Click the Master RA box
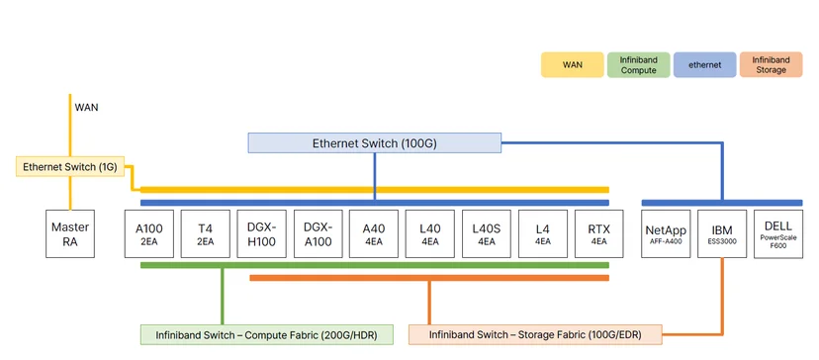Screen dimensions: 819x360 pyautogui.click(x=70, y=233)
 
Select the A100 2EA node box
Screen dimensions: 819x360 pyautogui.click(x=148, y=233)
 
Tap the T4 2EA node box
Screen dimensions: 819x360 pyautogui.click(x=206, y=233)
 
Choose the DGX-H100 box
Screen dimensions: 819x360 pyautogui.click(x=262, y=233)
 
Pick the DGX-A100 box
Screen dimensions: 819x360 pyautogui.click(x=318, y=233)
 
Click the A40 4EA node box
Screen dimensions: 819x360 pyautogui.click(x=374, y=233)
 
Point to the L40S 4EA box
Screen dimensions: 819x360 pyautogui.click(x=487, y=233)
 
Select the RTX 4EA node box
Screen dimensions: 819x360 pyautogui.click(x=599, y=233)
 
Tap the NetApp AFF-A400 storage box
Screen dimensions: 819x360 pyautogui.click(x=666, y=233)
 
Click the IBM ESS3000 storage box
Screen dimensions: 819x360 pyautogui.click(x=722, y=233)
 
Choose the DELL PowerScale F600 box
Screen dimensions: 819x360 pyautogui.click(x=778, y=233)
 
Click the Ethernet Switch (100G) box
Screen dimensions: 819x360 pyautogui.click(x=375, y=143)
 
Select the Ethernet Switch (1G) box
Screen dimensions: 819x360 pyautogui.click(x=70, y=167)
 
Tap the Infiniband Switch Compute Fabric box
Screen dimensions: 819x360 pyautogui.click(x=267, y=335)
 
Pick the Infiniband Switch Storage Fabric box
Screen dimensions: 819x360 pyautogui.click(x=535, y=335)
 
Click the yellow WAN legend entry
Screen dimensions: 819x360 pyautogui.click(x=573, y=65)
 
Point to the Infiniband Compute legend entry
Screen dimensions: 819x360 pyautogui.click(x=638, y=65)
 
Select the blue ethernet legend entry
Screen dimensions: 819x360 pyautogui.click(x=704, y=65)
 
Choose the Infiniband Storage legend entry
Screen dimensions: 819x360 pyautogui.click(x=771, y=65)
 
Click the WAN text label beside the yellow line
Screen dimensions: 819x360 pyautogui.click(x=87, y=108)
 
